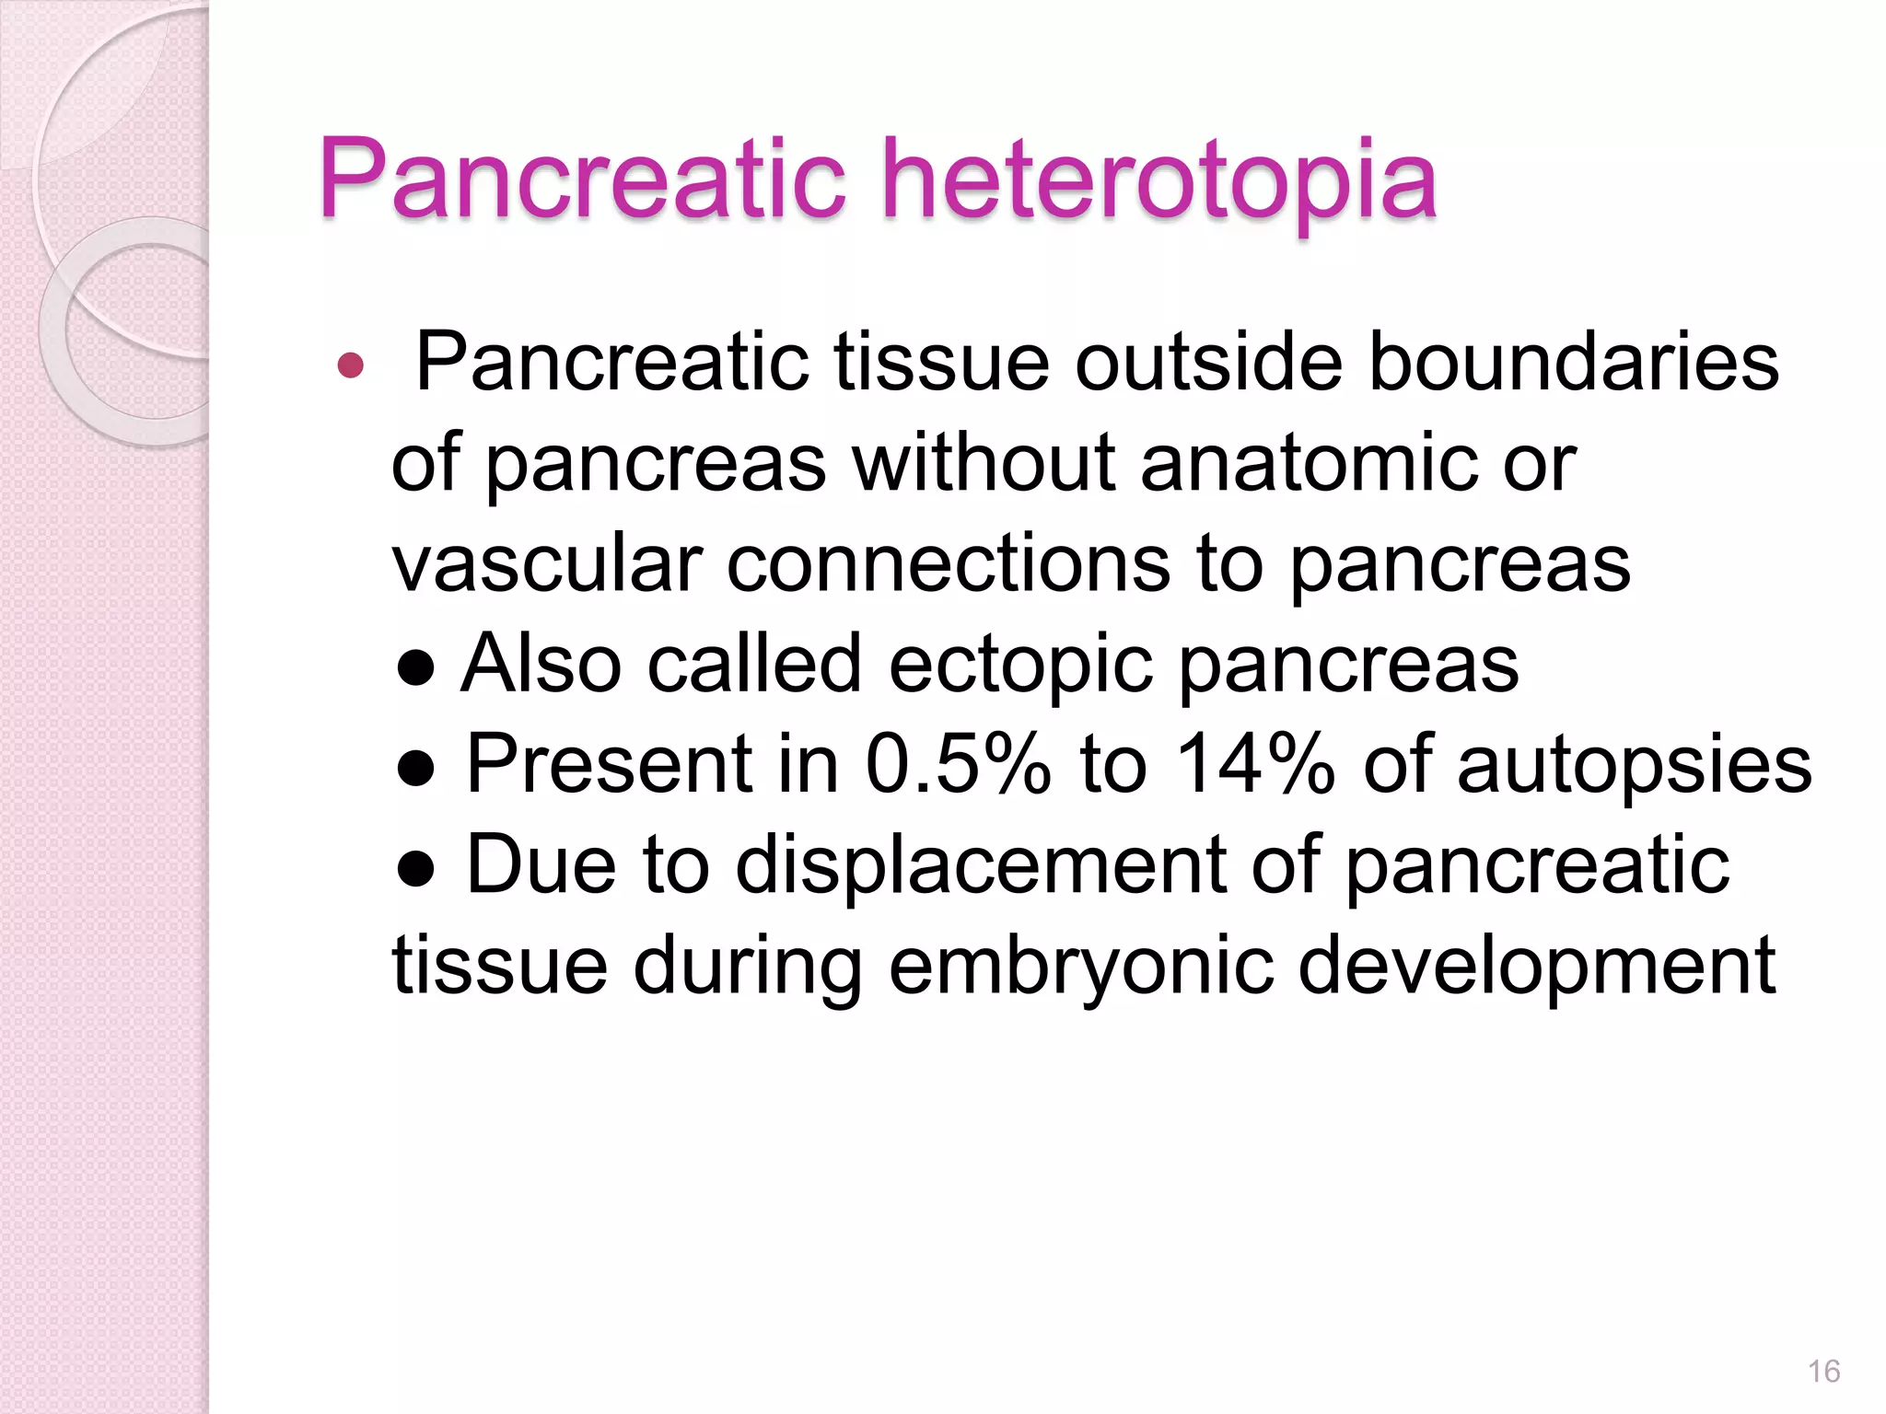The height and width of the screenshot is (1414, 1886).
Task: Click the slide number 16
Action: pos(1823,1371)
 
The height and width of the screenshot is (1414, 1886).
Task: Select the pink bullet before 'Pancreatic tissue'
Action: pos(351,366)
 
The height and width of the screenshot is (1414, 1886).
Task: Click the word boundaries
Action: pos(1574,363)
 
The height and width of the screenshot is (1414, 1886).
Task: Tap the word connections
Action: pos(949,563)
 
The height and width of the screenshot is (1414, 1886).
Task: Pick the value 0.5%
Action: pos(958,764)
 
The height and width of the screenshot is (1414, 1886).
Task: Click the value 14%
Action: pos(1255,764)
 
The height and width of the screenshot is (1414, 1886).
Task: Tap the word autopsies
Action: pos(1634,766)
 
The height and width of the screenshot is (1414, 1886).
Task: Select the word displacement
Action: pos(980,865)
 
